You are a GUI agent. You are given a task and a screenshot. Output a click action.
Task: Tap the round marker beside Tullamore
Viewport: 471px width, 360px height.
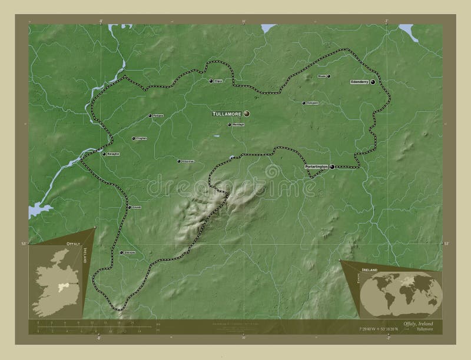tap(247, 114)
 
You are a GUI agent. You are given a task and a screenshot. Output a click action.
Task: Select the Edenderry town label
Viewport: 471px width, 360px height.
tap(359, 82)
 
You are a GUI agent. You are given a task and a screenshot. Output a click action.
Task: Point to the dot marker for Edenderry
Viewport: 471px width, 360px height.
tap(373, 82)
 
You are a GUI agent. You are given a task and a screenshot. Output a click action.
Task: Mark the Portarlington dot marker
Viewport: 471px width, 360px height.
tap(333, 167)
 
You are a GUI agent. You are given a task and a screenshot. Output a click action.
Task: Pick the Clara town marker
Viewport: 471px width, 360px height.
tap(211, 81)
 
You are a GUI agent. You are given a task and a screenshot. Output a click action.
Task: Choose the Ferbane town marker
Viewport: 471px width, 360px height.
tap(150, 115)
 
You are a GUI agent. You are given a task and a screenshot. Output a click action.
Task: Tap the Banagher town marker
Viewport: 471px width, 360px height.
tap(104, 154)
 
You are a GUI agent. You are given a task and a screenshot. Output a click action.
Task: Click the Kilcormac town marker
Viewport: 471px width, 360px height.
tap(179, 160)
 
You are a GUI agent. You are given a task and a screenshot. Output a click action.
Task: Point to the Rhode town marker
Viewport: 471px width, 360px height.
tap(329, 76)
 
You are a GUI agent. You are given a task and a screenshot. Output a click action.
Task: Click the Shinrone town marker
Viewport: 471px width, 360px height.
tap(121, 252)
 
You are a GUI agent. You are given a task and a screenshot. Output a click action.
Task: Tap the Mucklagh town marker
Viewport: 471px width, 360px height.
tap(229, 125)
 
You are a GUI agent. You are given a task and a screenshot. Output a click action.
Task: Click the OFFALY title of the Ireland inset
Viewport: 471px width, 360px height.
tap(69, 242)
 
